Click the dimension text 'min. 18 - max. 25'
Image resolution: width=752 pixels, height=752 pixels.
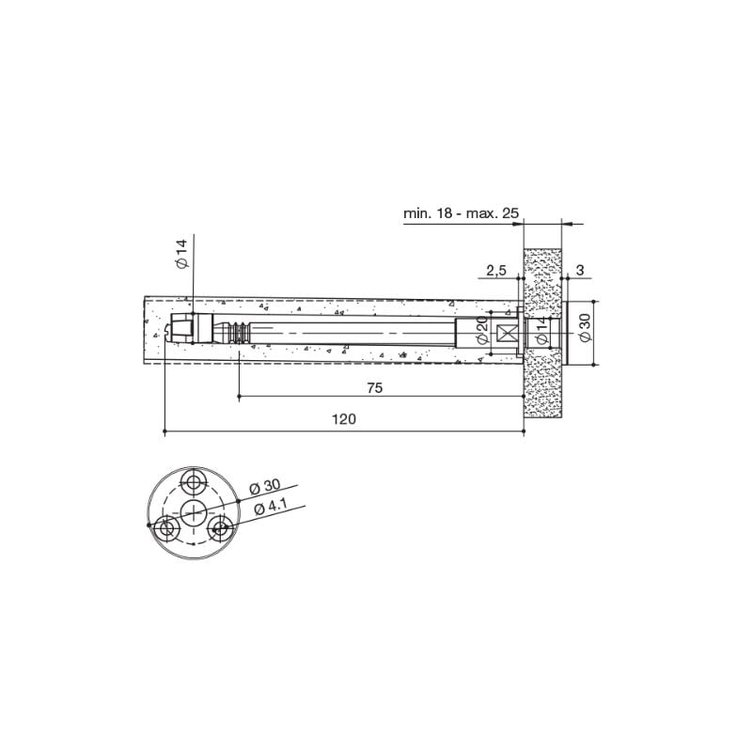(462, 214)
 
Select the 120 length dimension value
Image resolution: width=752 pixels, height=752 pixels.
(343, 420)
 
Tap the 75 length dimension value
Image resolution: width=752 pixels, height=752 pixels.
(374, 387)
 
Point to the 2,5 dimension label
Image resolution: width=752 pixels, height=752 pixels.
(496, 271)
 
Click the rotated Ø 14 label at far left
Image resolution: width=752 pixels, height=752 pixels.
(182, 256)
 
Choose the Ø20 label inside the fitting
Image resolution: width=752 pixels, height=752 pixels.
(480, 331)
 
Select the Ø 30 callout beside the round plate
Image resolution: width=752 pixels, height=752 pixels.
(266, 485)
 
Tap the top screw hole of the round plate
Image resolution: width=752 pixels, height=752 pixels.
(195, 482)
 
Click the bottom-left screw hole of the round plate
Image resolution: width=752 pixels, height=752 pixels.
(168, 528)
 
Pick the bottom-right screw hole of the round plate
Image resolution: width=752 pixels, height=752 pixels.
(222, 528)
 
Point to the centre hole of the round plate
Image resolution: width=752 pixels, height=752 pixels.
(195, 512)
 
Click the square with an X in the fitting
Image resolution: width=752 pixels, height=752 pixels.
(507, 333)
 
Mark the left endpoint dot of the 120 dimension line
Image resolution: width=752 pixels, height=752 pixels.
(165, 431)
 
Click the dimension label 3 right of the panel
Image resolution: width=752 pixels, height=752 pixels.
(580, 271)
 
